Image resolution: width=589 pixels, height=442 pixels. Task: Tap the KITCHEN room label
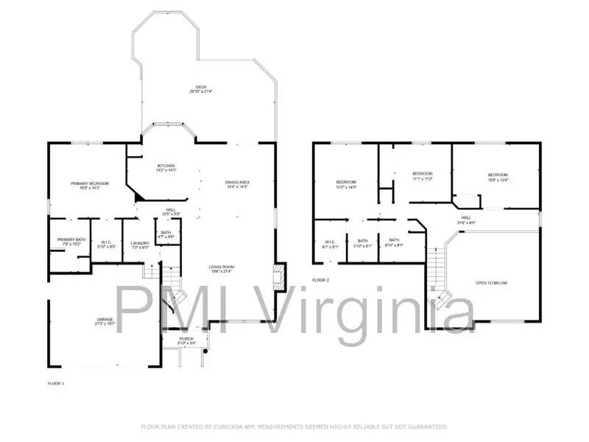[x=166, y=166]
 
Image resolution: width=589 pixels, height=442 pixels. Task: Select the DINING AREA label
[x=237, y=182]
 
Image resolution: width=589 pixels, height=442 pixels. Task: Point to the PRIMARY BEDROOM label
[x=90, y=183]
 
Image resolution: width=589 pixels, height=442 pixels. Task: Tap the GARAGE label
[x=104, y=320]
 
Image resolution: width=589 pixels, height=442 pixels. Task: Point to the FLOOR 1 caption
[x=56, y=384]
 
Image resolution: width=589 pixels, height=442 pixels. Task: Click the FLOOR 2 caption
[x=320, y=280]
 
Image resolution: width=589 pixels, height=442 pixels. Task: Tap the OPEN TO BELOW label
[x=491, y=283]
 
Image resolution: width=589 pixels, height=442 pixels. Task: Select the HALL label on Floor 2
[x=466, y=217]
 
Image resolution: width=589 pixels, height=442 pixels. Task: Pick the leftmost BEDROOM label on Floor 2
[x=346, y=182]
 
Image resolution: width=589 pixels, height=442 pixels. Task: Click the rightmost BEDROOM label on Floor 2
[x=498, y=175]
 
